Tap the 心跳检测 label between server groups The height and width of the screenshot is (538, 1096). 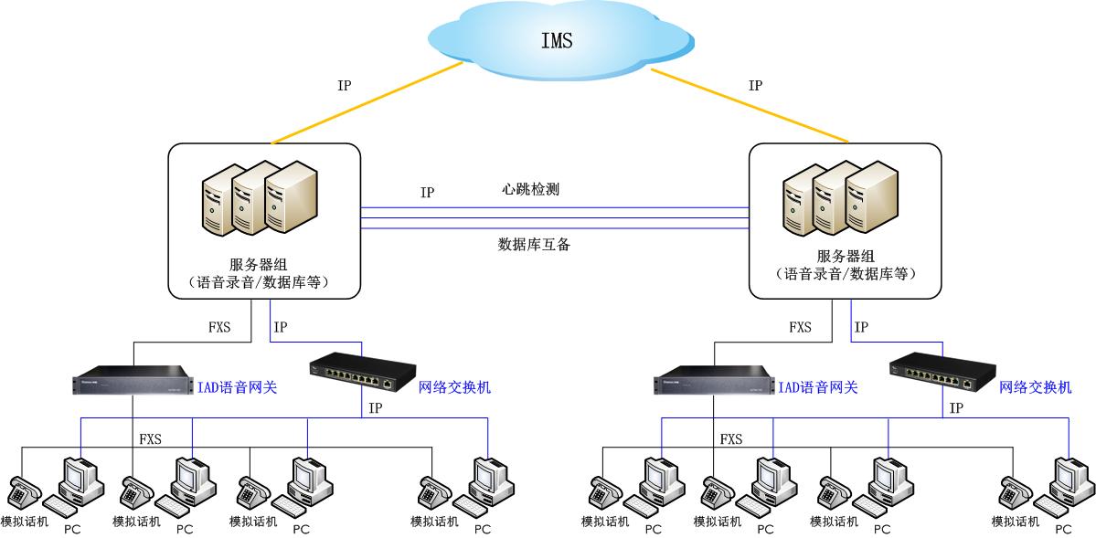pos(530,190)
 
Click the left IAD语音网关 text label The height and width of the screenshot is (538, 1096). pos(237,387)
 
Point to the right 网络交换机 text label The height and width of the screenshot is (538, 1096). pos(1035,387)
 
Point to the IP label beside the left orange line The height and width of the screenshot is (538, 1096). pos(344,85)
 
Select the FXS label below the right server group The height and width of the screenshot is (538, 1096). pos(800,327)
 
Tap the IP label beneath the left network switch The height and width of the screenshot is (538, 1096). pos(375,408)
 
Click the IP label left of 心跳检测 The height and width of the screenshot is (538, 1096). pos(427,193)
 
